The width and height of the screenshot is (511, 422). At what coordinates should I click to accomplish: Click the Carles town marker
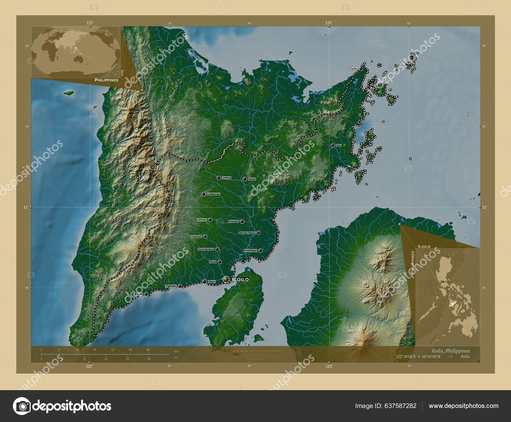[361, 68]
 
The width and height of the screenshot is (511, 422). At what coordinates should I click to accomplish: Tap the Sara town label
[339, 145]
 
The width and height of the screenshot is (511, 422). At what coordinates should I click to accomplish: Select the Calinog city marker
[219, 178]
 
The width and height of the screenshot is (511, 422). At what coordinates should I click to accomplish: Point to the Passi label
[252, 179]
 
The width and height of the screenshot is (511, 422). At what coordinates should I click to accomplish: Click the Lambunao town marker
[203, 194]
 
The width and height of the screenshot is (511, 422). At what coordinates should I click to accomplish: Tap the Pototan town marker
[242, 221]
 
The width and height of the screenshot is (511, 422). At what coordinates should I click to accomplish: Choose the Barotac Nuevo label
[247, 233]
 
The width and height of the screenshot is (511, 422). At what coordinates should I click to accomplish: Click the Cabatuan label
[196, 236]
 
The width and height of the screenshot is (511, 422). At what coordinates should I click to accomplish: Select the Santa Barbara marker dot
[217, 249]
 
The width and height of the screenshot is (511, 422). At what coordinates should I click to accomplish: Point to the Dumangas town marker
[261, 251]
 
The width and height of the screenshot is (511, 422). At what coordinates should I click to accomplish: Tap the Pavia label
[213, 262]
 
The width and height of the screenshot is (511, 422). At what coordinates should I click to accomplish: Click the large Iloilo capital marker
[226, 279]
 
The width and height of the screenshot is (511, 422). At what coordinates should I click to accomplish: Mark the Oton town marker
[204, 281]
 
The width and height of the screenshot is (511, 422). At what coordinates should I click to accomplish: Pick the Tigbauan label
[171, 286]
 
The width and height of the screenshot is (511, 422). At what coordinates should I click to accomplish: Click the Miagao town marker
[146, 294]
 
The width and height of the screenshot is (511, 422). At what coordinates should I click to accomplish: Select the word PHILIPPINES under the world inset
[106, 80]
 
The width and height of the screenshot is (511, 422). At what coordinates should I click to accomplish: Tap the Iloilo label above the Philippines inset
[424, 246]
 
